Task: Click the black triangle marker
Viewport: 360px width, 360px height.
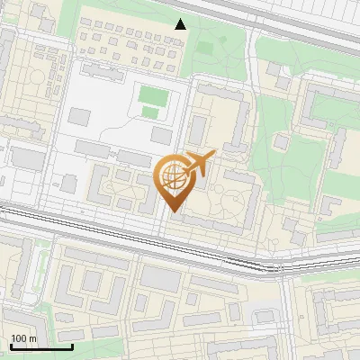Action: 181,24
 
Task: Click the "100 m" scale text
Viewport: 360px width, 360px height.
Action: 23,338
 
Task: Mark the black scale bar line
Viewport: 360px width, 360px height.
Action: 40,346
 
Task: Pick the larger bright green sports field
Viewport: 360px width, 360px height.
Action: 152,94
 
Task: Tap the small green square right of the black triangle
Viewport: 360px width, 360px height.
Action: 205,47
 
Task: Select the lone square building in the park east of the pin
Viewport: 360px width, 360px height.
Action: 282,141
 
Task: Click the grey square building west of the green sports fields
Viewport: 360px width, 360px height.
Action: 79,117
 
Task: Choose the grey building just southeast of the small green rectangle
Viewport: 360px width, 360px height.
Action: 161,134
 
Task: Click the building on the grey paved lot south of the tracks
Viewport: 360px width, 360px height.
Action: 160,280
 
